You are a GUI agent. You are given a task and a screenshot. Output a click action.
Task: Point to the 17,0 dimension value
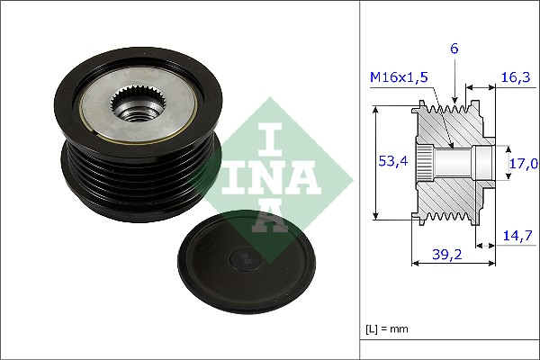point(524,163)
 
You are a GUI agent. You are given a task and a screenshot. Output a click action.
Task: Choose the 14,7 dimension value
point(517,237)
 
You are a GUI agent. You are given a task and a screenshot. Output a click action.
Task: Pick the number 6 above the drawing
point(454,49)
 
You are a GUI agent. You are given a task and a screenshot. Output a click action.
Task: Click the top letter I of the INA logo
point(270,139)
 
